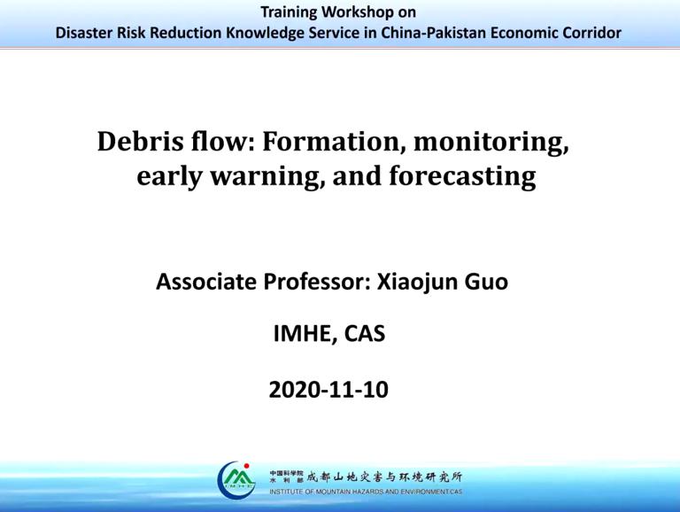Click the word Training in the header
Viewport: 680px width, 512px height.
coord(293,12)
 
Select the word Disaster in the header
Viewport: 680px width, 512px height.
coord(86,33)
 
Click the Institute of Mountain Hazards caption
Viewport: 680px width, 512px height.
coord(364,491)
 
